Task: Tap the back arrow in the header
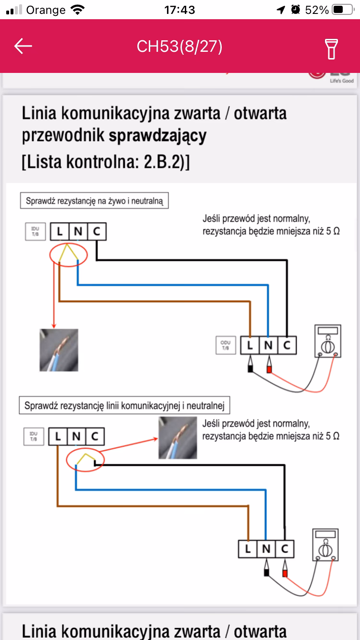click(x=23, y=46)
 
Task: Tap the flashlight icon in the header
click(x=331, y=47)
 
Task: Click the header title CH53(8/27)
click(x=180, y=47)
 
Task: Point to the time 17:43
click(x=180, y=10)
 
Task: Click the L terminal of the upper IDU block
click(x=60, y=232)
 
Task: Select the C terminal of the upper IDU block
click(x=96, y=232)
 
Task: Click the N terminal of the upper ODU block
click(x=268, y=345)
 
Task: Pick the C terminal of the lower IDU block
click(x=95, y=437)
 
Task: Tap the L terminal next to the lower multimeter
click(x=248, y=549)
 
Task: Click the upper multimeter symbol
click(x=327, y=341)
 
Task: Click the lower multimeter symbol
click(x=325, y=545)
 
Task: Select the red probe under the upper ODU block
click(x=269, y=367)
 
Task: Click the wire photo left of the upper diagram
click(x=59, y=350)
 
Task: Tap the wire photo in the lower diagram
click(x=178, y=438)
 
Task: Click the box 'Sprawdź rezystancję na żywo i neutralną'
click(x=95, y=201)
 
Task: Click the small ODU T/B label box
click(x=225, y=345)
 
